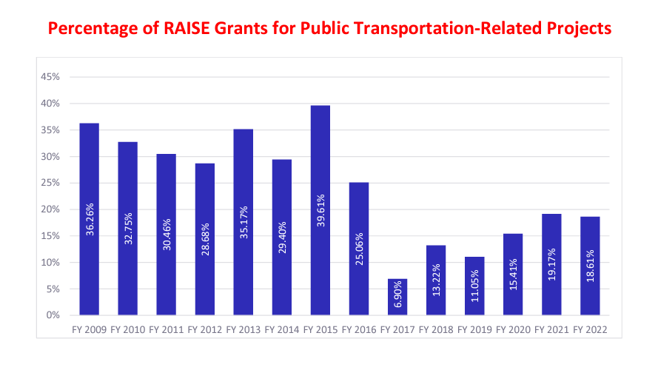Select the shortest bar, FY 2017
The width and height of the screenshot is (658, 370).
point(397,297)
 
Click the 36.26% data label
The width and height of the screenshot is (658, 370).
point(90,219)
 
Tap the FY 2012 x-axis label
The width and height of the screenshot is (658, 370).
point(205,329)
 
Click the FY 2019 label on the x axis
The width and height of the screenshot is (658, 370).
point(474,329)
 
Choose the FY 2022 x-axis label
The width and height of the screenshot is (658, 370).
point(590,329)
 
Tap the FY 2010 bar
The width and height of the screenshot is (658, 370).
point(128,229)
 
